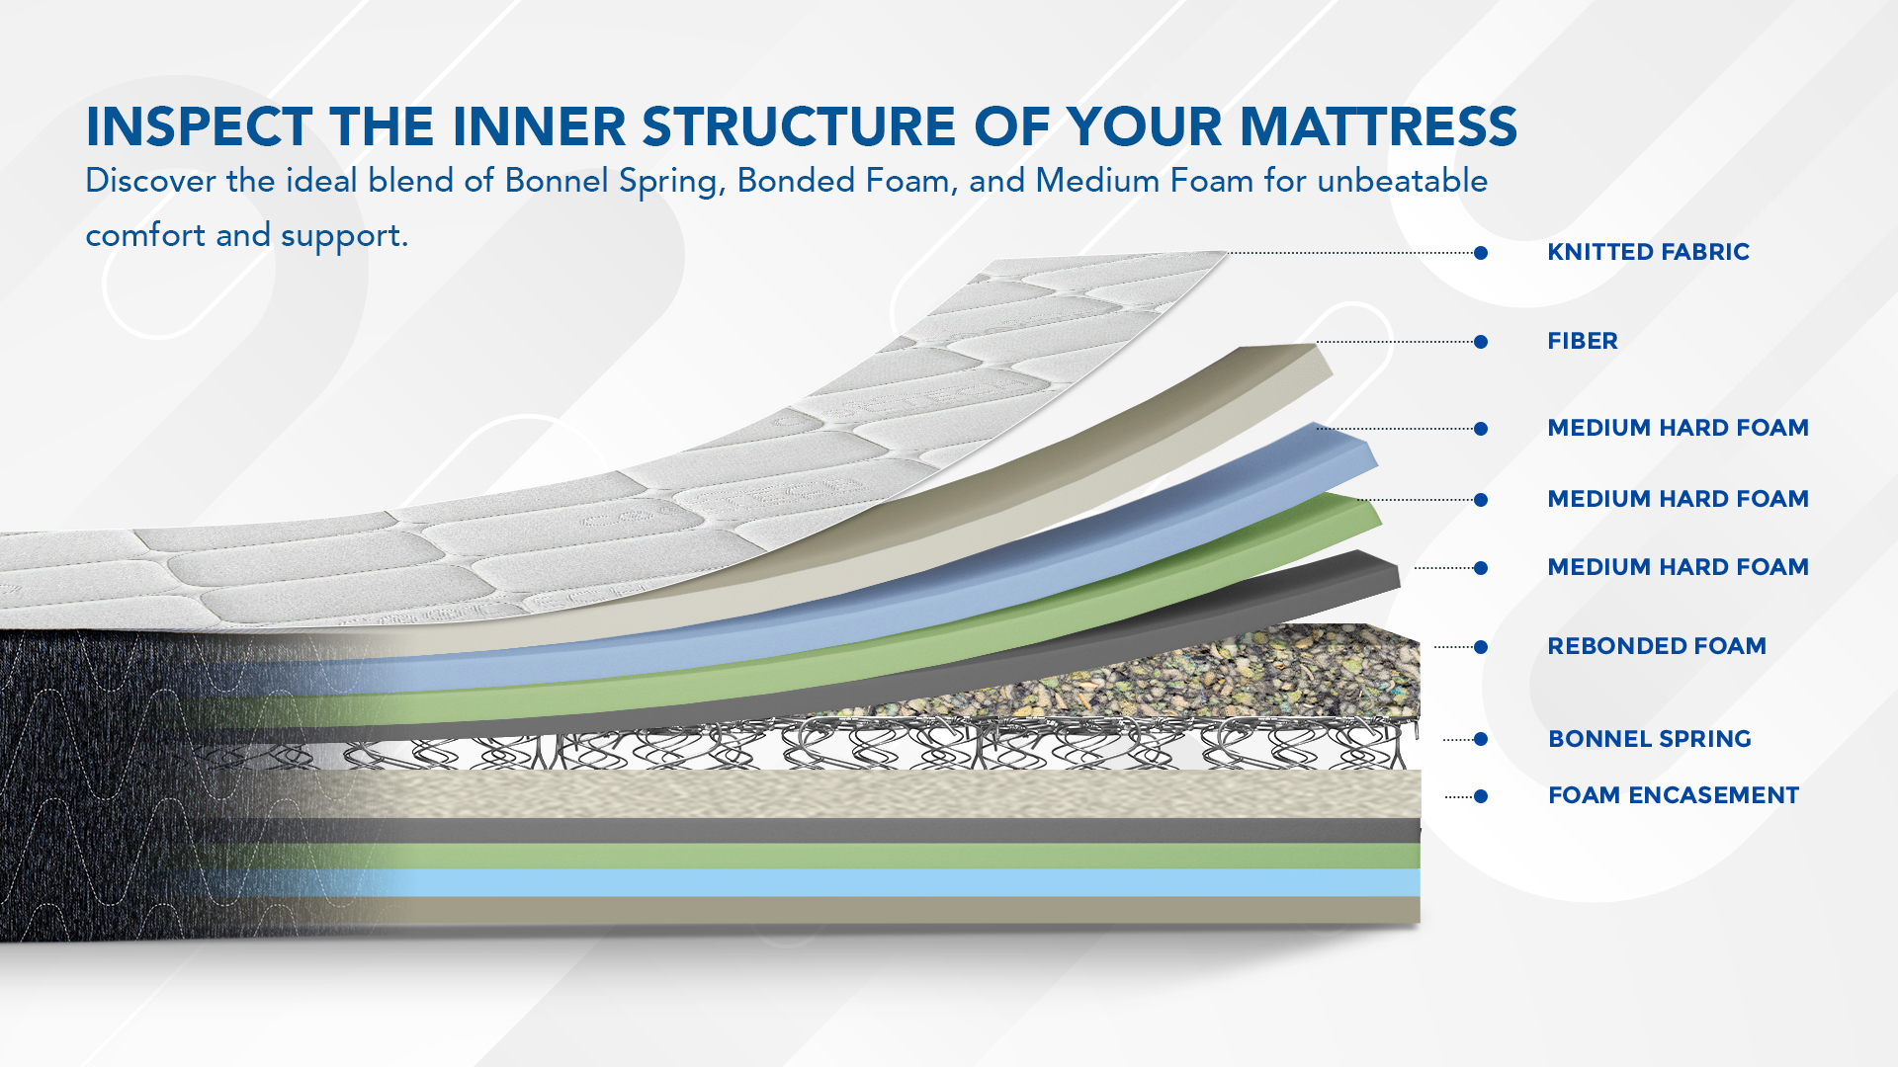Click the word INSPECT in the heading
[x=200, y=126]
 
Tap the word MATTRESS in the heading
[x=1378, y=126]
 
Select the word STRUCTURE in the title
[x=799, y=126]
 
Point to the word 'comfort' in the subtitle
[x=145, y=235]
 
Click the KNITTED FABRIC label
[x=1648, y=252]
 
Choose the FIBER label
[x=1583, y=341]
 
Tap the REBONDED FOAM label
[x=1657, y=646]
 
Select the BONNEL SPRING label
[x=1650, y=739]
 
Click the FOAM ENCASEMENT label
[x=1674, y=795]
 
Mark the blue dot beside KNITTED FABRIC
[x=1481, y=253]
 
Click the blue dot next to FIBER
[x=1481, y=342]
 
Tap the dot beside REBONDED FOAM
[x=1481, y=647]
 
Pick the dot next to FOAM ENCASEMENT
[x=1481, y=796]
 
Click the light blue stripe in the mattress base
[x=890, y=882]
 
